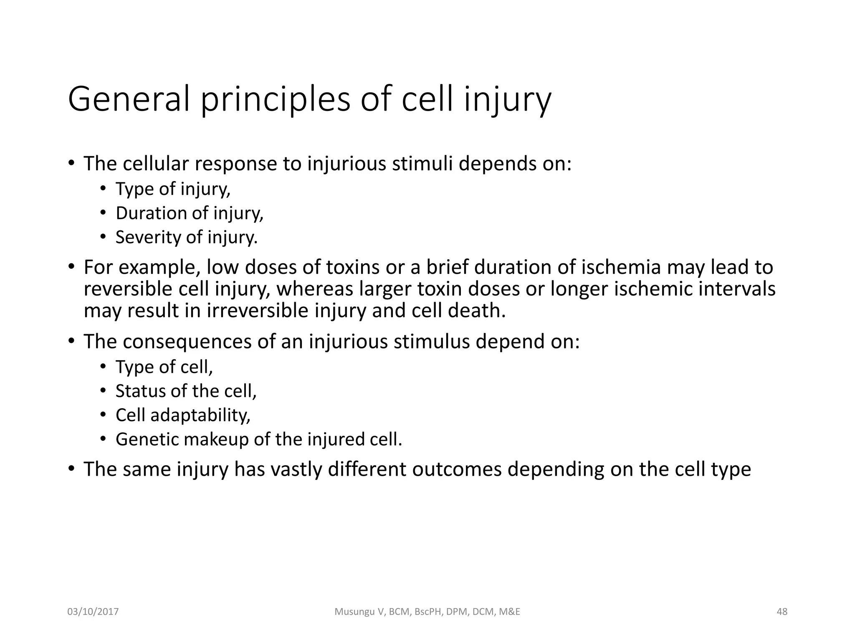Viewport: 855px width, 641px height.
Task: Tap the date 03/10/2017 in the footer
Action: pyautogui.click(x=93, y=612)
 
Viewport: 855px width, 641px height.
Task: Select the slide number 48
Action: pyautogui.click(x=782, y=612)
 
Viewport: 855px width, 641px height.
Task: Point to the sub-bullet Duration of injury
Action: pyautogui.click(x=189, y=213)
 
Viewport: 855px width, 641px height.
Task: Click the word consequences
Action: pyautogui.click(x=187, y=342)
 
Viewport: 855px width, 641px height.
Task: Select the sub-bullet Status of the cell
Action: pyautogui.click(x=186, y=391)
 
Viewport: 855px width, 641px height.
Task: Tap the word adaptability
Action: pyautogui.click(x=200, y=415)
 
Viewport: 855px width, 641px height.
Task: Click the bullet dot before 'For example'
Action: pyautogui.click(x=71, y=267)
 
